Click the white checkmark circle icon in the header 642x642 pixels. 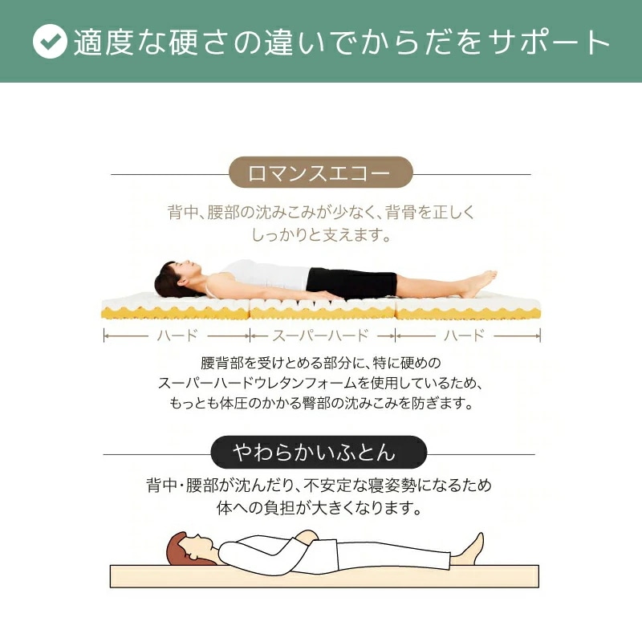click(x=50, y=42)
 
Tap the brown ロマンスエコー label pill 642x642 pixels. click(x=320, y=173)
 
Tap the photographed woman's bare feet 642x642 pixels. click(x=481, y=283)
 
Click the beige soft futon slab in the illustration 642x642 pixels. click(x=321, y=576)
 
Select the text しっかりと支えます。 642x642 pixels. click(x=321, y=236)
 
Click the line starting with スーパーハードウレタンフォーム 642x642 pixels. click(x=321, y=383)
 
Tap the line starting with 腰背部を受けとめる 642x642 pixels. click(x=321, y=363)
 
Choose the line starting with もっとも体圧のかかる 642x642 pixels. click(x=321, y=403)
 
